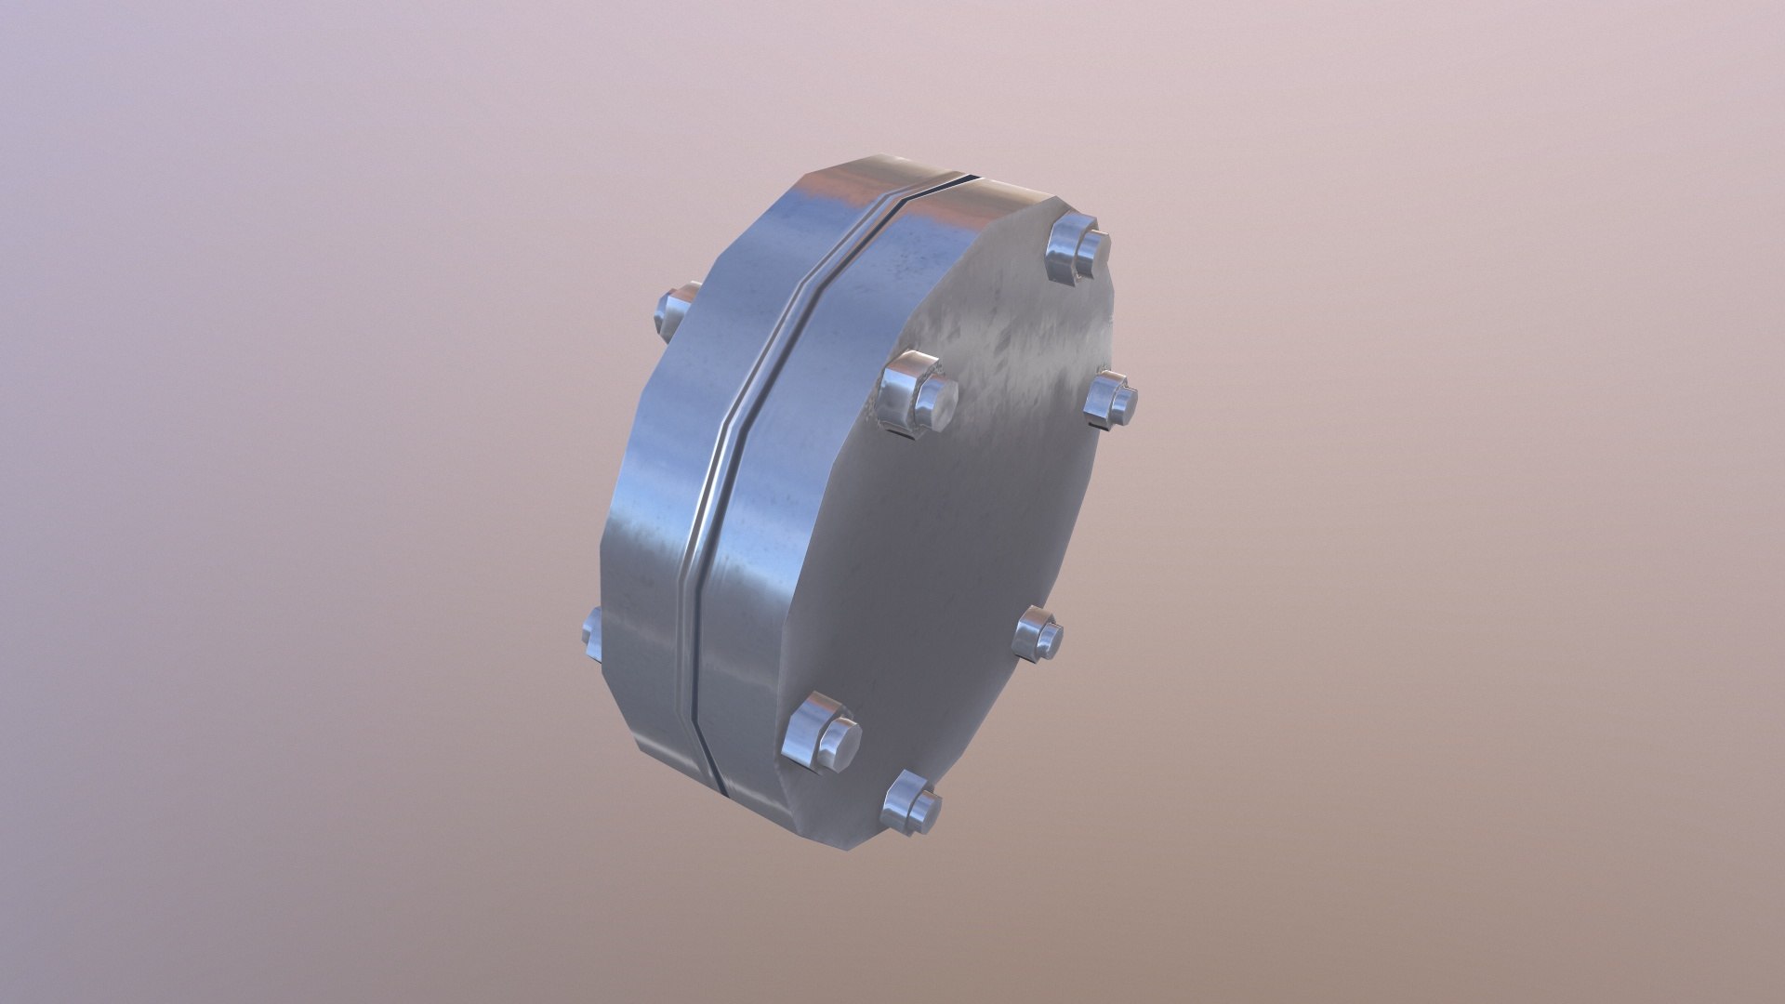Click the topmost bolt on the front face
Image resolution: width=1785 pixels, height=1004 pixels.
click(1077, 249)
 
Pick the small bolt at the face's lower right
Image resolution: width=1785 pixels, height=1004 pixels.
click(1038, 634)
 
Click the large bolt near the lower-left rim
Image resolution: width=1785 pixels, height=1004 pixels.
click(820, 733)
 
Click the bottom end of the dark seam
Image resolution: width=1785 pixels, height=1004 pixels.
click(721, 784)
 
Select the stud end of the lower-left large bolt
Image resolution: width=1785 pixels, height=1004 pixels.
click(837, 739)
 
